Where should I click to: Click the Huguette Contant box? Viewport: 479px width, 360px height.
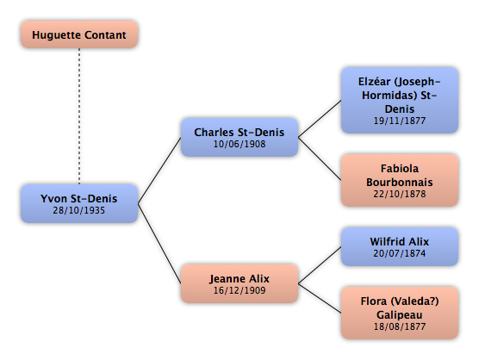tap(79, 34)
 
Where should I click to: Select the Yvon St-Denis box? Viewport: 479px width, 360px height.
tap(79, 203)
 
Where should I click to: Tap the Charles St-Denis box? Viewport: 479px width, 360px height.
tap(239, 138)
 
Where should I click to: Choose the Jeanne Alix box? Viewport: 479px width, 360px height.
tap(239, 283)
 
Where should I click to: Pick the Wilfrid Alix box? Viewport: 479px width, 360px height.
tap(400, 246)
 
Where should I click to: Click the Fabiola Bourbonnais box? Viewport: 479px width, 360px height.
tap(400, 180)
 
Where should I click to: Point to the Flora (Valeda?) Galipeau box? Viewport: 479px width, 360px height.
tap(400, 313)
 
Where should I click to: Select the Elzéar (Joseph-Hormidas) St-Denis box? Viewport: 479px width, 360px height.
tap(400, 101)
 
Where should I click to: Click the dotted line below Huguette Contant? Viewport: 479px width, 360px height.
tap(79, 116)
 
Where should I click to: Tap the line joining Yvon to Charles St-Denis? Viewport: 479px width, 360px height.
tap(159, 171)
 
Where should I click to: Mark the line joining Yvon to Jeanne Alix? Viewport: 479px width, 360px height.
tap(159, 244)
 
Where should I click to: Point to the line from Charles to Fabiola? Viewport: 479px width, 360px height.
tap(320, 158)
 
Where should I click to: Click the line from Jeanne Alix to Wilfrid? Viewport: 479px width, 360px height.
tap(320, 265)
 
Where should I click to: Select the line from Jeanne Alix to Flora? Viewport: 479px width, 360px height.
tap(320, 298)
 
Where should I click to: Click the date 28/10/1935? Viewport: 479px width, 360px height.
tap(78, 210)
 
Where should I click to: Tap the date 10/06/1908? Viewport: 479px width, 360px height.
tap(239, 144)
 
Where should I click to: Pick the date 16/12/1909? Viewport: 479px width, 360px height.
tap(239, 290)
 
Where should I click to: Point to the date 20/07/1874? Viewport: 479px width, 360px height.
tap(400, 253)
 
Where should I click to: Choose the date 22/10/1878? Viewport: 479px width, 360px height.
tap(400, 194)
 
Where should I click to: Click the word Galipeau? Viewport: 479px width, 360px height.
tap(400, 315)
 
